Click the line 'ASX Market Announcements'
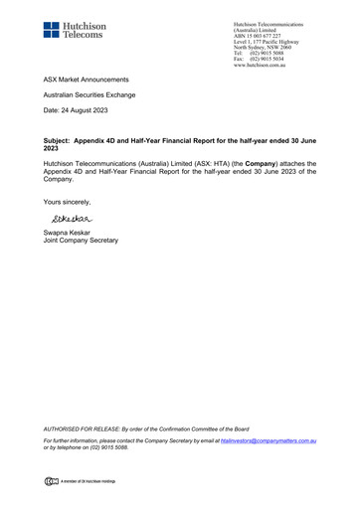pos(87,77)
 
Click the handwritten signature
pos(70,219)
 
